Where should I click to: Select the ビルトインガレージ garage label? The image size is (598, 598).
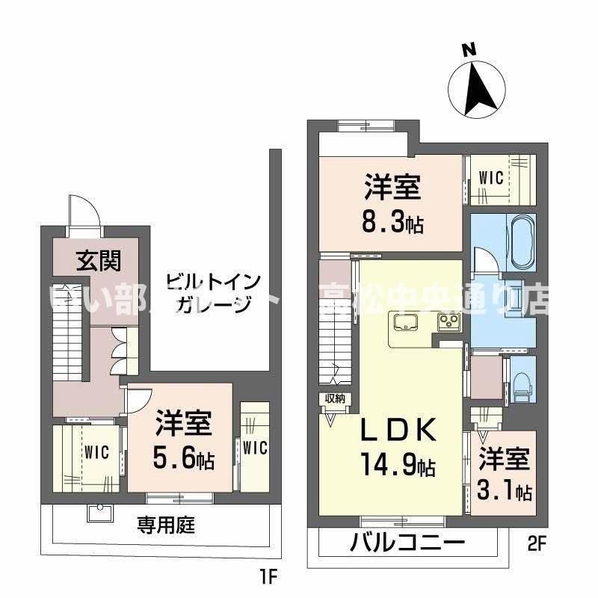213,294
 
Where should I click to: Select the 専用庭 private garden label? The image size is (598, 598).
165,525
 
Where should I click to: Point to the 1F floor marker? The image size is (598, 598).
267,577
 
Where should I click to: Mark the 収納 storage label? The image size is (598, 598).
333,398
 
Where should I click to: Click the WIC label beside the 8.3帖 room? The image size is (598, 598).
491,178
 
